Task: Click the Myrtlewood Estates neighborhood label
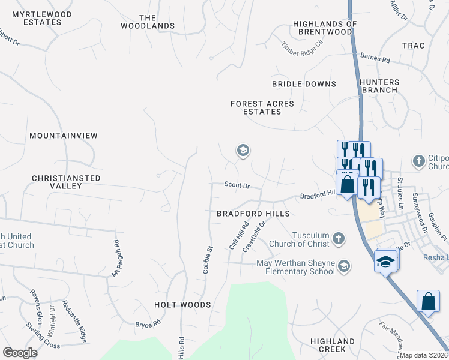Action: tap(42, 18)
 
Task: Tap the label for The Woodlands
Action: tap(148, 22)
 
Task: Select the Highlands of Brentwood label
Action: tap(325, 28)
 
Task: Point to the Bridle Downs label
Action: tap(304, 84)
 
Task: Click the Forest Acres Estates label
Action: tap(262, 108)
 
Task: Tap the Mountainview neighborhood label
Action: tap(64, 136)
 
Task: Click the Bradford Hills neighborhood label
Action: tap(253, 214)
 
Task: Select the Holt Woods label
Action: tap(182, 305)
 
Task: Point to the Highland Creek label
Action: tap(333, 345)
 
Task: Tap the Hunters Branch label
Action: tap(379, 86)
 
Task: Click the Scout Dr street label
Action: tap(237, 186)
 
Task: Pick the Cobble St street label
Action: tap(208, 259)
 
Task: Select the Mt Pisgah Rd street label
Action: tap(116, 259)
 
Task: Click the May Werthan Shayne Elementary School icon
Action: tap(344, 266)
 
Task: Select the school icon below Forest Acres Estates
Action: tap(243, 150)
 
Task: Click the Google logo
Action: tap(20, 353)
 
